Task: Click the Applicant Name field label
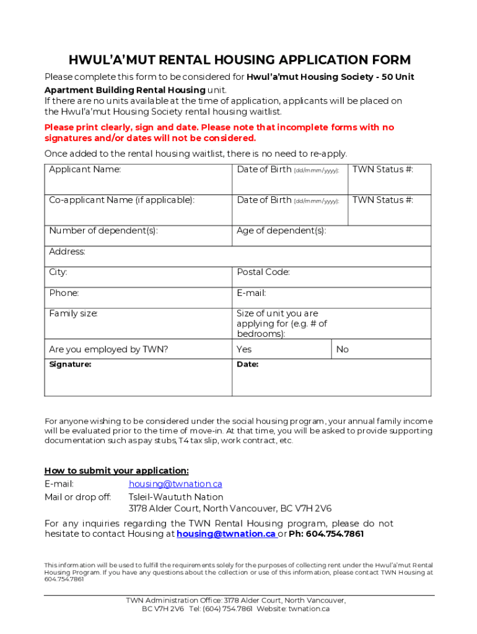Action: [x=85, y=170]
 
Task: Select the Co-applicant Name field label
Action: [x=121, y=200]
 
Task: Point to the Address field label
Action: [x=68, y=252]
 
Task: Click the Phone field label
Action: [x=64, y=293]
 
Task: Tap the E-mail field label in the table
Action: [x=251, y=293]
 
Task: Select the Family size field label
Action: [x=74, y=314]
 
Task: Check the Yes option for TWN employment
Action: [x=244, y=350]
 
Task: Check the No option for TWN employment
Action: [x=343, y=350]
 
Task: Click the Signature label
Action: [x=70, y=365]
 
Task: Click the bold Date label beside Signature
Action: [x=248, y=365]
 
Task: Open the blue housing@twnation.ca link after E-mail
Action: [x=175, y=484]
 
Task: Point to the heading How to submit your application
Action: [x=116, y=471]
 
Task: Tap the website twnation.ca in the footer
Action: [x=309, y=609]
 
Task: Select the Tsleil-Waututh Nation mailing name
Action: [x=176, y=497]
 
